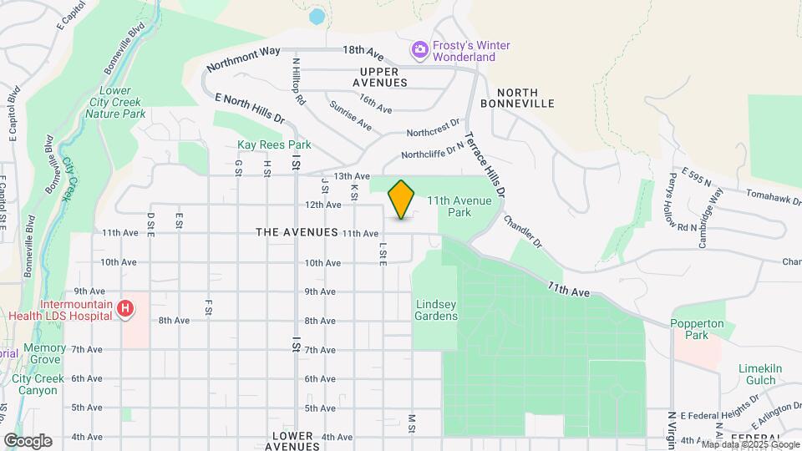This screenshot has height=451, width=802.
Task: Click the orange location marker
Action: (402, 199)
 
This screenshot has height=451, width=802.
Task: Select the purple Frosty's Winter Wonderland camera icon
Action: (419, 51)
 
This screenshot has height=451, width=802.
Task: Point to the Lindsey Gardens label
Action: (436, 310)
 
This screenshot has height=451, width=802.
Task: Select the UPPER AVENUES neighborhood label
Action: (379, 76)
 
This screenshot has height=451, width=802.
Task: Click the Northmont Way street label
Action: (243, 57)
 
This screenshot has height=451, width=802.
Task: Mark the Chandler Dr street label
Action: (523, 231)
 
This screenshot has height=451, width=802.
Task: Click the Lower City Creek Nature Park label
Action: (122, 102)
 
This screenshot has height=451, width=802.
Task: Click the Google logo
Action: (28, 441)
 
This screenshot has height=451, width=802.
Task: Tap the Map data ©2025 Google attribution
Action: (750, 444)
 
